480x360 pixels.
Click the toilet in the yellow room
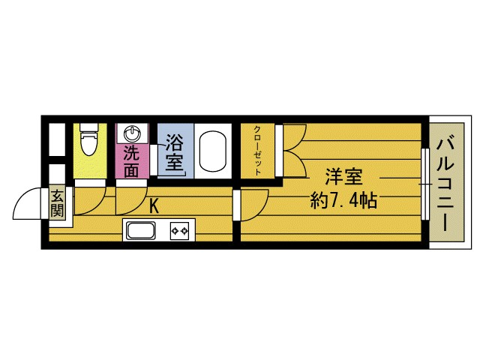pos(88,142)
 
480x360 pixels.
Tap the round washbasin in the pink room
pos(132,133)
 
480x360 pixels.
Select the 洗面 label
pos(132,161)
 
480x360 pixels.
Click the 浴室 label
pos(174,152)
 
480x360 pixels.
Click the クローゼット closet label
pos(257,150)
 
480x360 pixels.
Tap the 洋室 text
pos(343,178)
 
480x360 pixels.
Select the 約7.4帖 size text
pos(343,201)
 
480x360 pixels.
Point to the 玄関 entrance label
pos(58,203)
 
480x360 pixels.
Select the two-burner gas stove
pos(180,230)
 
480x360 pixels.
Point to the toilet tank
pos(88,127)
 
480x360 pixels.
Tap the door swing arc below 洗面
pos(129,198)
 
